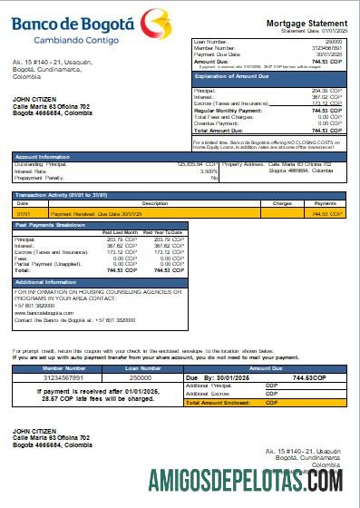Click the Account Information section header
click(x=43, y=156)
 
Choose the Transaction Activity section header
click(x=56, y=194)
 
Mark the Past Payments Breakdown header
click(x=52, y=223)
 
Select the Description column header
click(x=155, y=203)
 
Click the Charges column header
click(x=282, y=203)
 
